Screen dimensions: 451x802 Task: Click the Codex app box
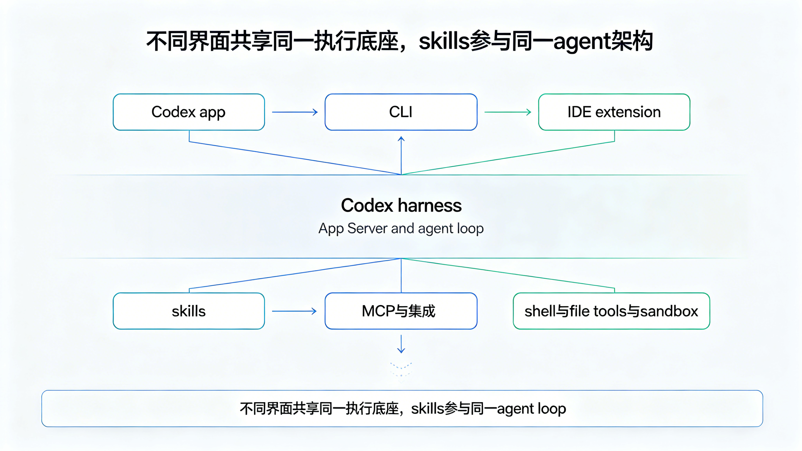(x=189, y=112)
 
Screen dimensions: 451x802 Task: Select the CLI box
(x=401, y=112)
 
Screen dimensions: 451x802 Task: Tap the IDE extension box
(x=614, y=112)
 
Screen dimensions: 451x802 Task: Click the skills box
(x=189, y=311)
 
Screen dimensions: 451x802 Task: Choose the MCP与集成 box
(x=401, y=311)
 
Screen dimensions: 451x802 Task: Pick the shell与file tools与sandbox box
(x=611, y=311)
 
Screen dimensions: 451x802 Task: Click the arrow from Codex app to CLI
(x=295, y=112)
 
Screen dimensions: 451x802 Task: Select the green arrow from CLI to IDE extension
(x=507, y=112)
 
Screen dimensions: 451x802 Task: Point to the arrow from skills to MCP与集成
(x=294, y=311)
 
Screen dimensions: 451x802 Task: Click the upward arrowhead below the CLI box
(x=401, y=139)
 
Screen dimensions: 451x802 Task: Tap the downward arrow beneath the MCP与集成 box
(x=401, y=344)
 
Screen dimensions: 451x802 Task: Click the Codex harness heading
(x=401, y=206)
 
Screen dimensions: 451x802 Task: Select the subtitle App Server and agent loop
(x=401, y=229)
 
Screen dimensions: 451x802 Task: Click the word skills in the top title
(x=444, y=41)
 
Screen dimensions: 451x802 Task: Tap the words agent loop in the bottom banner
(x=531, y=409)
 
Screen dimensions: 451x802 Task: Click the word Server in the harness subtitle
(x=368, y=228)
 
